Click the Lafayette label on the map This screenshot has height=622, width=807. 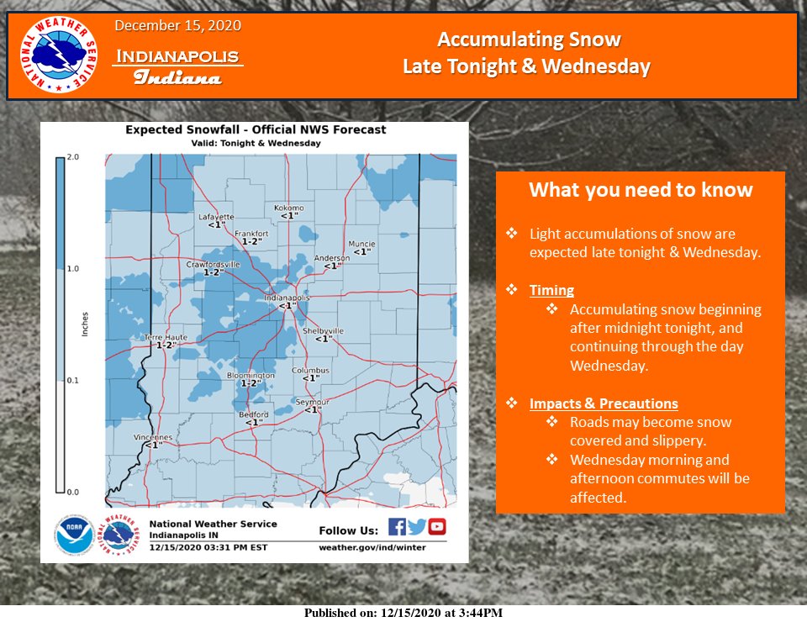[x=216, y=217]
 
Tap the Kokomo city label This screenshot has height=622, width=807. [x=288, y=208]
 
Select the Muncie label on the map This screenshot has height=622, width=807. [x=361, y=244]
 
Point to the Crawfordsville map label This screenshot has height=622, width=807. [x=213, y=264]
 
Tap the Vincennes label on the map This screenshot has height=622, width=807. [x=153, y=437]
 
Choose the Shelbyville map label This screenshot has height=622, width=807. [x=323, y=331]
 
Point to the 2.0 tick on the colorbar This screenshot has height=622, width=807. [x=74, y=157]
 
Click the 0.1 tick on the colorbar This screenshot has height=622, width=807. [x=74, y=381]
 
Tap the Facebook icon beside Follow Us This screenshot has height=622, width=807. [x=397, y=527]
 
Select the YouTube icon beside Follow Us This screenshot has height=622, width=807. [x=437, y=527]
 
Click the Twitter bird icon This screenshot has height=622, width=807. [x=417, y=527]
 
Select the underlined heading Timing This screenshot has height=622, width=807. [x=551, y=290]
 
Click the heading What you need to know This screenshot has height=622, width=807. [x=641, y=190]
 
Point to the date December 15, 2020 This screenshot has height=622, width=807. [x=177, y=26]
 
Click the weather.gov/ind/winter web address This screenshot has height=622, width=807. [x=372, y=547]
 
